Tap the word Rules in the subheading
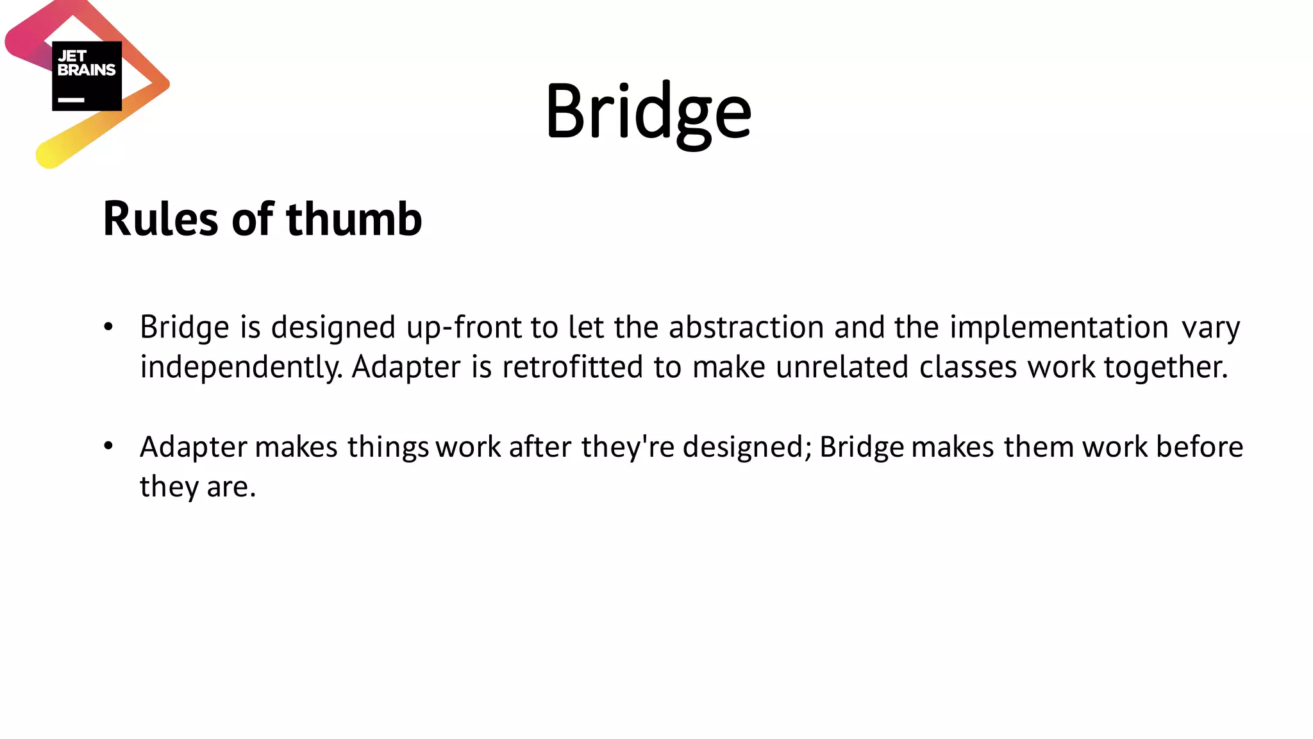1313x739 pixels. coord(160,219)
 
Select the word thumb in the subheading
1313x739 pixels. coord(354,219)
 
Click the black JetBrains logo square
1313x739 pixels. coord(87,76)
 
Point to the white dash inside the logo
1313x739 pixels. coord(71,100)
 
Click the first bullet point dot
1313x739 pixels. coord(108,327)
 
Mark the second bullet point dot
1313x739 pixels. coord(108,446)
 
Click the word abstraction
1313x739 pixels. coord(746,327)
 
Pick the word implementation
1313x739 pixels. coord(1058,327)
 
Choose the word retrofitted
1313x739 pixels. coord(572,367)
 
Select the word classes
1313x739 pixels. coord(968,367)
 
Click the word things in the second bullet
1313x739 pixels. coord(388,448)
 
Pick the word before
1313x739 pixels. coord(1200,446)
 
